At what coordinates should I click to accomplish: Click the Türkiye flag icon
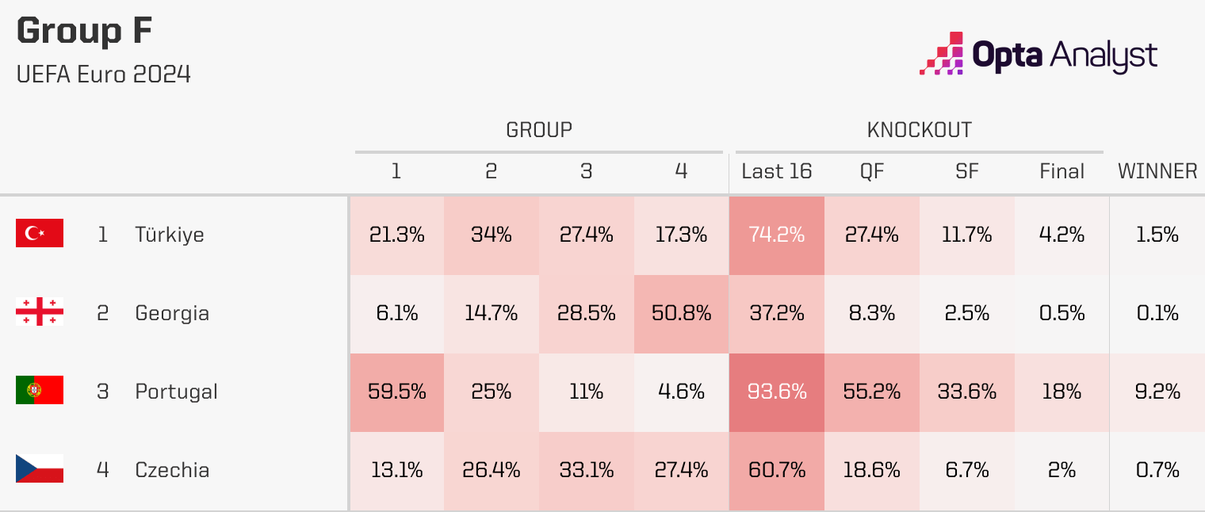coord(40,234)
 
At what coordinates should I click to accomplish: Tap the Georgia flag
coord(40,312)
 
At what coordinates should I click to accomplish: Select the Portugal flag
coord(40,391)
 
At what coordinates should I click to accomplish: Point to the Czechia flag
coord(40,469)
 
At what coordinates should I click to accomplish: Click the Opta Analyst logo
coord(1038,55)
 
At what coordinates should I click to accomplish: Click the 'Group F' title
coord(84,32)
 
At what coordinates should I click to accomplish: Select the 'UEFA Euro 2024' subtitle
coord(103,75)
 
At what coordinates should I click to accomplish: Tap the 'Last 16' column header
coord(776,171)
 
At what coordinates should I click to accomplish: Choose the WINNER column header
coord(1157,171)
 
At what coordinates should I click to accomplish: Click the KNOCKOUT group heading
coord(919,130)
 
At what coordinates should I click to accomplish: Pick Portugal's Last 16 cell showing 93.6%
coord(776,392)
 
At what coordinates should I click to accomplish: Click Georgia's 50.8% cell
coord(681,313)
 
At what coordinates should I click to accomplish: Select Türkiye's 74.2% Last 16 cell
coord(776,235)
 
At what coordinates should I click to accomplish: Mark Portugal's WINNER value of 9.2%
coord(1157,392)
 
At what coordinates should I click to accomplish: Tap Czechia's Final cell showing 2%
coord(1062,470)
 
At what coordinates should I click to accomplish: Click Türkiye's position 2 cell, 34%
coord(491,235)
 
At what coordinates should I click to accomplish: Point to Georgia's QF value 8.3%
coord(871,313)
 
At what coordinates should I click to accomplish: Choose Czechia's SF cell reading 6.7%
coord(966,470)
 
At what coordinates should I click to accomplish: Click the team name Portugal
coord(176,392)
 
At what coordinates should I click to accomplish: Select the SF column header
coord(966,171)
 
